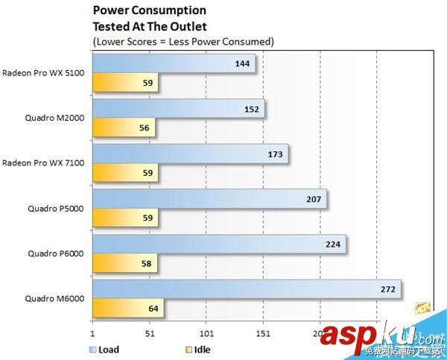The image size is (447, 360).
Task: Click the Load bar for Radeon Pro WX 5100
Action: pyautogui.click(x=173, y=64)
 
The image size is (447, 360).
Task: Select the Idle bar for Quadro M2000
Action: pyautogui.click(x=123, y=127)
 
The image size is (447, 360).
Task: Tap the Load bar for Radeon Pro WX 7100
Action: pyautogui.click(x=189, y=154)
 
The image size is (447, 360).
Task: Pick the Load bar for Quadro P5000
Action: pyautogui.click(x=209, y=200)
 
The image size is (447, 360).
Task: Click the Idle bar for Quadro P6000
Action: pyautogui.click(x=124, y=263)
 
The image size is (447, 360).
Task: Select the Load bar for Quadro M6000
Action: pyautogui.click(x=246, y=289)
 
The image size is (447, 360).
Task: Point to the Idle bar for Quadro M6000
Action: pyautogui.click(x=127, y=308)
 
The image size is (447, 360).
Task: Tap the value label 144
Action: pyautogui.click(x=241, y=64)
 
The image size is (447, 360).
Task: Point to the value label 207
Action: pyautogui.click(x=312, y=200)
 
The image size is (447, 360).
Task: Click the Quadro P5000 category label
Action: pyautogui.click(x=57, y=209)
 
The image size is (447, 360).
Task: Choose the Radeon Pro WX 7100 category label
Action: pyautogui.click(x=43, y=163)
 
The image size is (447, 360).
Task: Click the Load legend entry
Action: pyautogui.click(x=104, y=349)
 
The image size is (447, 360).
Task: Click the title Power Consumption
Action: pyautogui.click(x=150, y=10)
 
